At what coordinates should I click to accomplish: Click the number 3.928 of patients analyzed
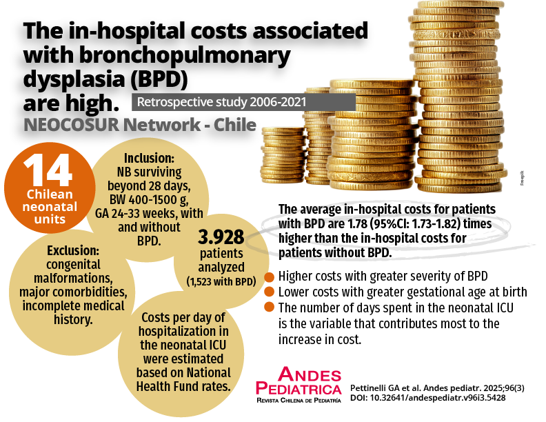[221, 238]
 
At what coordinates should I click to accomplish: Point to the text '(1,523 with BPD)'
[221, 281]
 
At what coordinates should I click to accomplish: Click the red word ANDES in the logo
[310, 375]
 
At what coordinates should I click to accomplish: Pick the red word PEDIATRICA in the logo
[298, 390]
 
